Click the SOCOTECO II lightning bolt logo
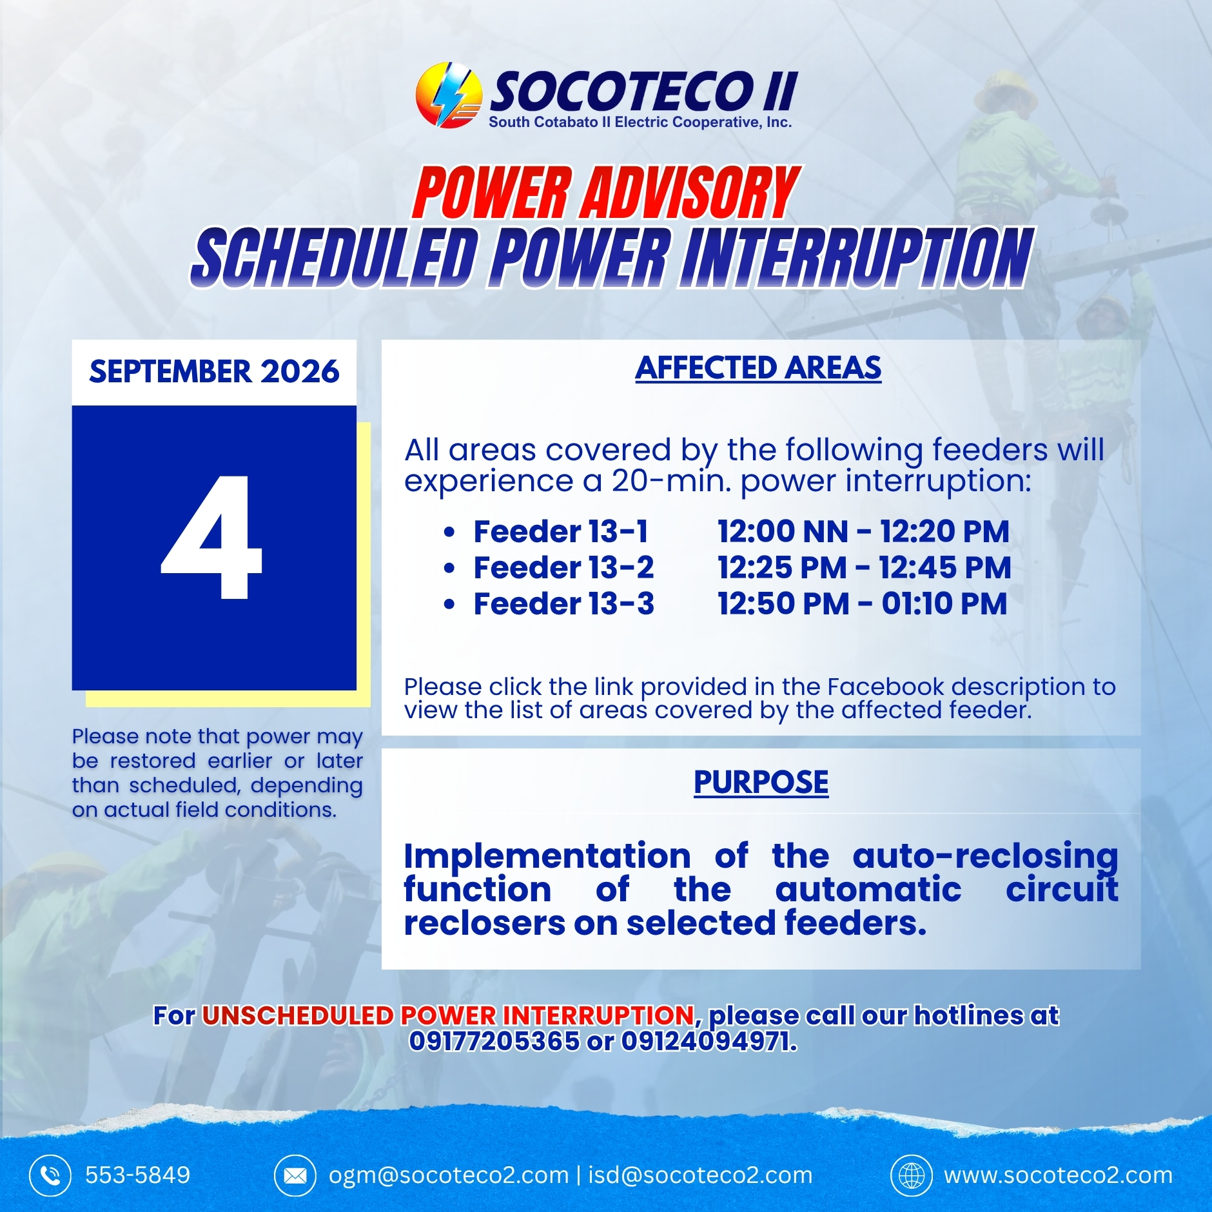point(449,95)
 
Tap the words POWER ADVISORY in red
point(606,193)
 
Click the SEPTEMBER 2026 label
point(214,371)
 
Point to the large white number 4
point(211,538)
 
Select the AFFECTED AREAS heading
point(758,368)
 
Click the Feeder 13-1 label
point(561,531)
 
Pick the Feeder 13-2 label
point(564,567)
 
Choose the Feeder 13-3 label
point(564,603)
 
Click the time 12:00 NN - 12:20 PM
point(864,531)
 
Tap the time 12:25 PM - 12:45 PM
point(865,567)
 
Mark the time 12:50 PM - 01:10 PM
point(863,603)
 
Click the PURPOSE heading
point(761,782)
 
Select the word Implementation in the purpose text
point(547,856)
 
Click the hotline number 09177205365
point(494,1041)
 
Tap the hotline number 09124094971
point(709,1041)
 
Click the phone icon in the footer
point(50,1175)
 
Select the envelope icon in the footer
point(295,1175)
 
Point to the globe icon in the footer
point(912,1175)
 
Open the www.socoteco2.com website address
point(1059,1175)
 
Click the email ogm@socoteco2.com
point(449,1175)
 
